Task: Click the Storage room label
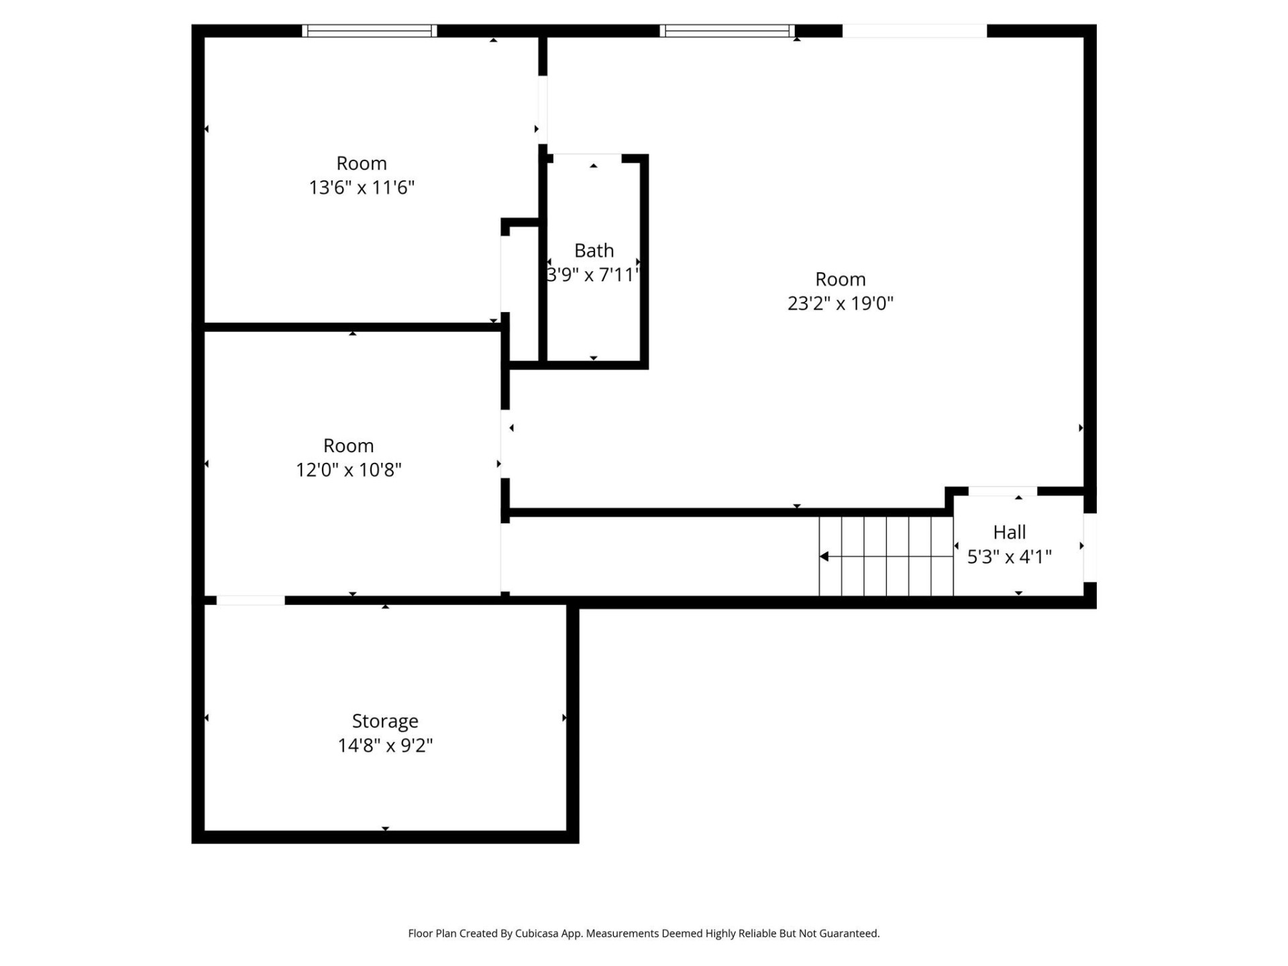(385, 721)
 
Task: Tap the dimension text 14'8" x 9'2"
(385, 745)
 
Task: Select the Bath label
(594, 251)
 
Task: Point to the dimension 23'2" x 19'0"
(840, 303)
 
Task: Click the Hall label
(1009, 533)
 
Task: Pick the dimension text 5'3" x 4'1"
(1009, 557)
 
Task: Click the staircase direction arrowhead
(824, 556)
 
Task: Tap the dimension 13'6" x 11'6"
(362, 187)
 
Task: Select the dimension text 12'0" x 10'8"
(348, 470)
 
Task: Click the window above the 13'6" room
(369, 31)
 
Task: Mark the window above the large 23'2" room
(727, 31)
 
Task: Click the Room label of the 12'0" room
(348, 445)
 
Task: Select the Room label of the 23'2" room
(840, 279)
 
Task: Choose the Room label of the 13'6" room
(362, 163)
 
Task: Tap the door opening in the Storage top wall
(250, 600)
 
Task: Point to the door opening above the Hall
(1002, 491)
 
